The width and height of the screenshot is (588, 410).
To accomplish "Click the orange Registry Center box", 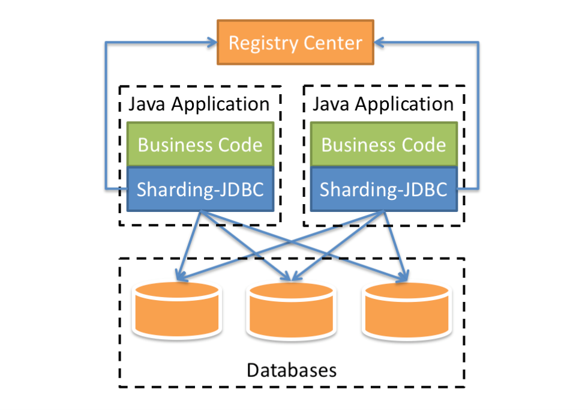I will click(295, 43).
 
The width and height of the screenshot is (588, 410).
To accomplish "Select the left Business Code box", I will click(200, 145).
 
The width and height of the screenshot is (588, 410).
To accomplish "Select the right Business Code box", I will click(384, 145).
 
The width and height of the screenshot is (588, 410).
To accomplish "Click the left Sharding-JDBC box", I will click(200, 189).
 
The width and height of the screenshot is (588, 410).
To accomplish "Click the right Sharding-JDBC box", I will click(383, 189).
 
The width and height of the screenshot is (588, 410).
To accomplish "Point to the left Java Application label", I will click(199, 104).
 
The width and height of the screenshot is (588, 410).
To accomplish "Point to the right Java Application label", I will click(383, 104).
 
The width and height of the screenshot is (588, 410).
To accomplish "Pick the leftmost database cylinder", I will click(176, 310).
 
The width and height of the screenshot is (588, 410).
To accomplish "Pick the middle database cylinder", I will click(290, 310).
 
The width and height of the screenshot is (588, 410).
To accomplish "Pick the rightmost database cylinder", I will click(406, 310).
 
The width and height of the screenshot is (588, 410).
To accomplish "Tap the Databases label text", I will click(292, 369).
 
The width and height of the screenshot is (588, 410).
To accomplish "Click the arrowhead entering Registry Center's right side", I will click(379, 43).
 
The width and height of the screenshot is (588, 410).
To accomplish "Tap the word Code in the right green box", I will click(422, 145).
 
